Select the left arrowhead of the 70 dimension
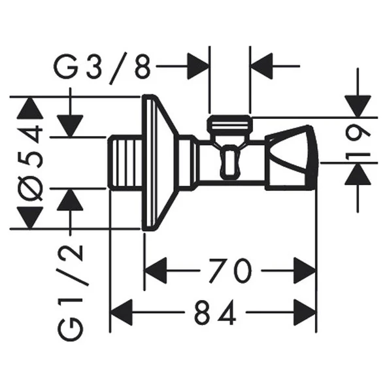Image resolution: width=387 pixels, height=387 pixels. (x=156, y=270)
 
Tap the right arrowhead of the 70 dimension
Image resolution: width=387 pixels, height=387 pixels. (x=305, y=270)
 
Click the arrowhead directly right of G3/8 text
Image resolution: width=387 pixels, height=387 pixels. (x=197, y=66)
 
